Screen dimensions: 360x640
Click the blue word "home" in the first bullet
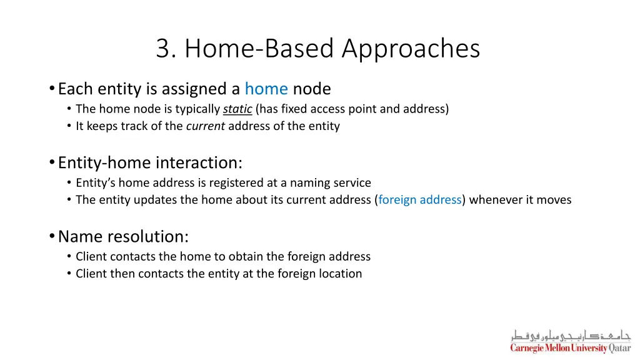point(266,89)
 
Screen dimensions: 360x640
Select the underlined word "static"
point(237,109)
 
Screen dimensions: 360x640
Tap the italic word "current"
point(206,126)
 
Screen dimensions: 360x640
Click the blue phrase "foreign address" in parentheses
point(420,200)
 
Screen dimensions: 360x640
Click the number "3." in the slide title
point(167,49)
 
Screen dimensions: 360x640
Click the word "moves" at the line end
point(555,200)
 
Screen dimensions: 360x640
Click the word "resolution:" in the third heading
point(148,237)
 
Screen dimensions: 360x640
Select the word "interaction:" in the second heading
point(199,163)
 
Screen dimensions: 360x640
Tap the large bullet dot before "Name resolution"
point(51,237)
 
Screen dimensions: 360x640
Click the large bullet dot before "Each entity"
point(51,89)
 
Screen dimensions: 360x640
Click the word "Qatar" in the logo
point(620,348)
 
